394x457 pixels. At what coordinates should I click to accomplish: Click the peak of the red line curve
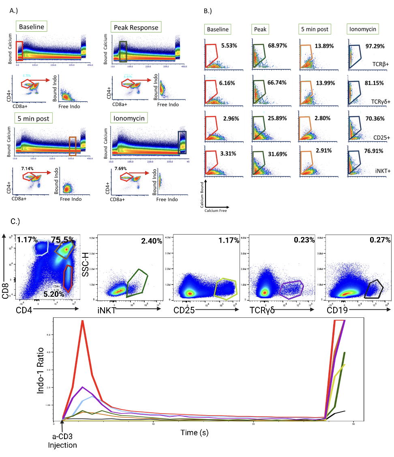pyautogui.click(x=82, y=321)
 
